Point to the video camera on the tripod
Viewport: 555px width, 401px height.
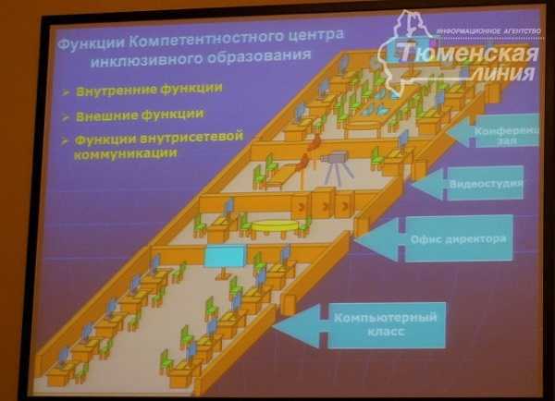pos(334,163)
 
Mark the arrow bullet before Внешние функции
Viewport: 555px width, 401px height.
pos(67,116)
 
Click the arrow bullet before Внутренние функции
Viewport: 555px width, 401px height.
pos(67,91)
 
